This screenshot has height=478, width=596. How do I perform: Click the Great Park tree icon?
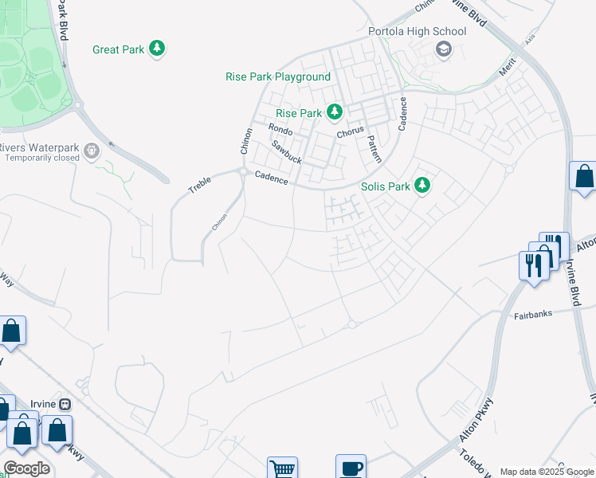point(159,49)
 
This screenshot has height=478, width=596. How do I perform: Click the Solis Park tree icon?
point(423,186)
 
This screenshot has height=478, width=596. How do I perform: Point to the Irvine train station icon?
point(65,404)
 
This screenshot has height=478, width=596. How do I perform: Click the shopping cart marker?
point(282,468)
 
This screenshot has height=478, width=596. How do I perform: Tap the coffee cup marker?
point(351,468)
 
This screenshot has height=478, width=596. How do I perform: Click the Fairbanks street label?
point(528,316)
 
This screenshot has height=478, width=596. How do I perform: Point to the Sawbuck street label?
point(287,151)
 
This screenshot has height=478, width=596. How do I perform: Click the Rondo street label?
point(280,129)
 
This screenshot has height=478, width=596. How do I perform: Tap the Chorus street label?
point(350,132)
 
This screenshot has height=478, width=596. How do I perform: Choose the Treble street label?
point(199,186)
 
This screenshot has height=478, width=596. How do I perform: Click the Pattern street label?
point(374,148)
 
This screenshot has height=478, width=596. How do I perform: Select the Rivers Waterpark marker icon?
point(92,149)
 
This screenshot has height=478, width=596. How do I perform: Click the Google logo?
point(26,468)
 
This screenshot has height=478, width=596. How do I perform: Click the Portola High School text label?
point(417,32)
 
